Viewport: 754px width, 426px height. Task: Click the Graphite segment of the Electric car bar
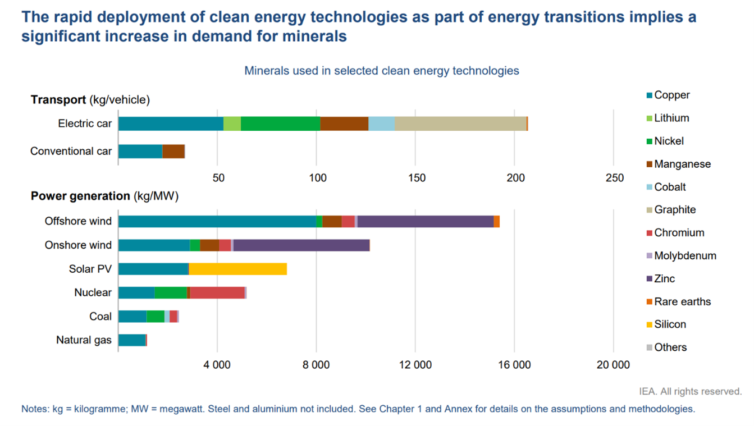click(x=460, y=123)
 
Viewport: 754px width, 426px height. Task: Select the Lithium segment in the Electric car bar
click(x=232, y=123)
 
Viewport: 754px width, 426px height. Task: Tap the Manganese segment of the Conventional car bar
click(x=173, y=151)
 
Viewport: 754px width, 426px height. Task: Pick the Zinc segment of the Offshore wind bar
click(x=425, y=221)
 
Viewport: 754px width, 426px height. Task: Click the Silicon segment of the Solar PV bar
click(x=237, y=269)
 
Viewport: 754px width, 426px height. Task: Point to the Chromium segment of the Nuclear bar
click(x=217, y=292)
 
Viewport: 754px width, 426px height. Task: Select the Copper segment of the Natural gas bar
click(x=132, y=340)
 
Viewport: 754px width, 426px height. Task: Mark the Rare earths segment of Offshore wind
click(x=497, y=221)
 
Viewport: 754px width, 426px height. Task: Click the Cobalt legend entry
click(x=669, y=187)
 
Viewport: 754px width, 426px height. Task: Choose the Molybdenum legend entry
click(x=684, y=256)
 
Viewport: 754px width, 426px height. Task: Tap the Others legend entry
click(x=670, y=347)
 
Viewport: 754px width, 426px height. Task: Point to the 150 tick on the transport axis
click(x=416, y=178)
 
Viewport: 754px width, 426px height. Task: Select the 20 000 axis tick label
click(x=613, y=365)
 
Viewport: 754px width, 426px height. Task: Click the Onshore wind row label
click(x=78, y=245)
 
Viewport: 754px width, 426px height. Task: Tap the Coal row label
click(x=100, y=317)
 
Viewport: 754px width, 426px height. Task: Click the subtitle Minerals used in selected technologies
click(x=381, y=71)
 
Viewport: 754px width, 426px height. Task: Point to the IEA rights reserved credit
click(x=690, y=392)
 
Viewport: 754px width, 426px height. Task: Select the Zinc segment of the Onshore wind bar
click(x=301, y=245)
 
